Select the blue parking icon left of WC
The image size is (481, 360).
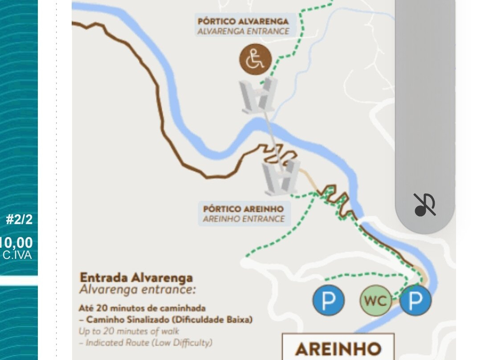tap(328, 301)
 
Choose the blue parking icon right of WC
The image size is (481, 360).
tap(415, 300)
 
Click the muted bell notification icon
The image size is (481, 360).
tap(425, 205)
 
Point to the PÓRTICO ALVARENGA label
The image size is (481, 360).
tap(243, 21)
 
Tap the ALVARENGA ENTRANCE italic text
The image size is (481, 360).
tap(243, 32)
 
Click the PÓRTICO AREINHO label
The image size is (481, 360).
tap(244, 209)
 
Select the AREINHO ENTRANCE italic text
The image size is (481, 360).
tap(243, 219)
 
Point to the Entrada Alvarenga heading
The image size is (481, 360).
tap(136, 278)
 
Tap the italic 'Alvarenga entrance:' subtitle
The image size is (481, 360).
tap(137, 290)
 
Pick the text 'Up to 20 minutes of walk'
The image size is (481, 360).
tap(129, 331)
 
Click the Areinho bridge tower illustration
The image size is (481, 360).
tap(281, 177)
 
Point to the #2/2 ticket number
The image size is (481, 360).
tap(19, 220)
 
